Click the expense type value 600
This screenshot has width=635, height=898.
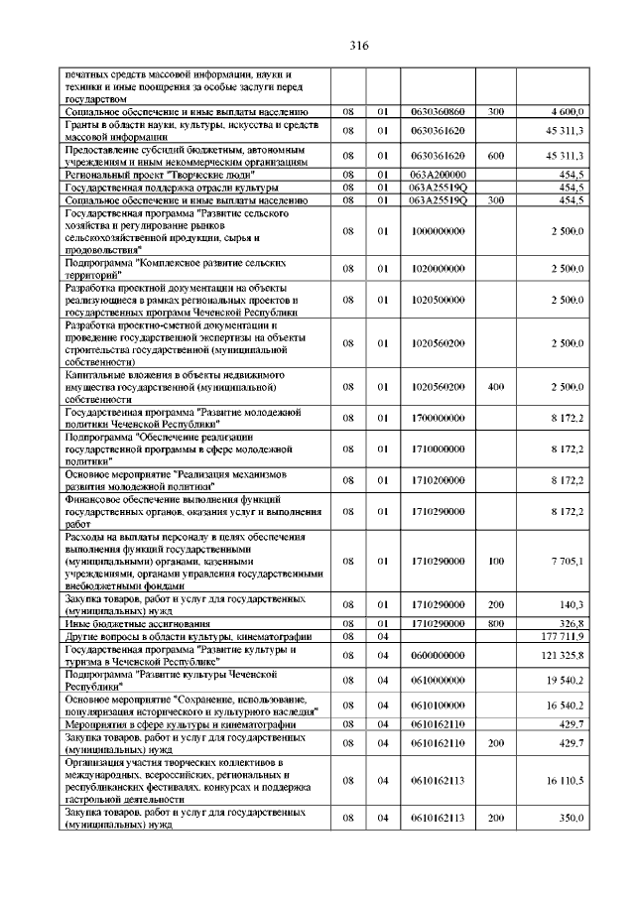[x=496, y=156]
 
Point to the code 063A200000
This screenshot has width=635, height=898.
[x=438, y=174]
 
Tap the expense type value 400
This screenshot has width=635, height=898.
[x=496, y=386]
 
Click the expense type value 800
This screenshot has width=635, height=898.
[x=496, y=622]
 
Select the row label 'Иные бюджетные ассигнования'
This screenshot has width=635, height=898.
[x=123, y=622]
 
